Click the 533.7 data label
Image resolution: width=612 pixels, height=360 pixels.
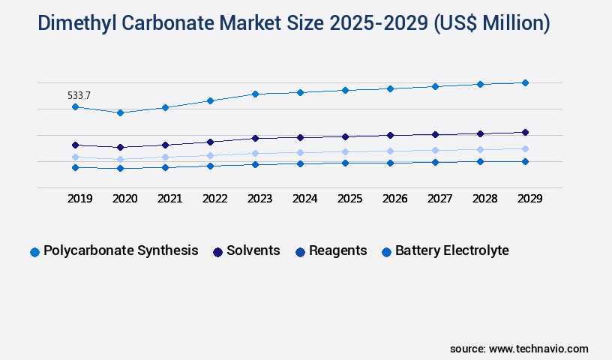pyautogui.click(x=79, y=95)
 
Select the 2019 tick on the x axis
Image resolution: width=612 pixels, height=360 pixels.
pyautogui.click(x=79, y=199)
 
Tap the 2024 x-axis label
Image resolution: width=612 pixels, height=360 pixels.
pyautogui.click(x=304, y=199)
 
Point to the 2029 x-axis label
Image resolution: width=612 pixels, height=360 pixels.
pyautogui.click(x=529, y=199)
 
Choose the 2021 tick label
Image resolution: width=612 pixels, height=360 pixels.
pyautogui.click(x=169, y=199)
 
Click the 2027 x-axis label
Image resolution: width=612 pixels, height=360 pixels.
pyautogui.click(x=439, y=199)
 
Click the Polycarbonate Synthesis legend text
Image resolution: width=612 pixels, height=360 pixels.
pyautogui.click(x=121, y=250)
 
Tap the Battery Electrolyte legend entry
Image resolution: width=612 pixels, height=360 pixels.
pyautogui.click(x=451, y=250)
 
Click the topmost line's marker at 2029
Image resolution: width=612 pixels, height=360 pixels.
pyautogui.click(x=525, y=82)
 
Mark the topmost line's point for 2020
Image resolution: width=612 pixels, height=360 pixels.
pyautogui.click(x=120, y=112)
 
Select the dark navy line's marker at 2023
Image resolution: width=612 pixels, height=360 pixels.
pyautogui.click(x=255, y=138)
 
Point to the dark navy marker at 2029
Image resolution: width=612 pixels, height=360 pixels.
pyautogui.click(x=525, y=132)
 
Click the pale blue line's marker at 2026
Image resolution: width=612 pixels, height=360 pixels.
pyautogui.click(x=390, y=151)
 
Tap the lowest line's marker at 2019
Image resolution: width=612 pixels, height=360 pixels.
pyautogui.click(x=75, y=167)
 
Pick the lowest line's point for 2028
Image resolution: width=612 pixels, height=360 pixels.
pyautogui.click(x=480, y=161)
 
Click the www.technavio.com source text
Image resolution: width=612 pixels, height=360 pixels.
pyautogui.click(x=538, y=349)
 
